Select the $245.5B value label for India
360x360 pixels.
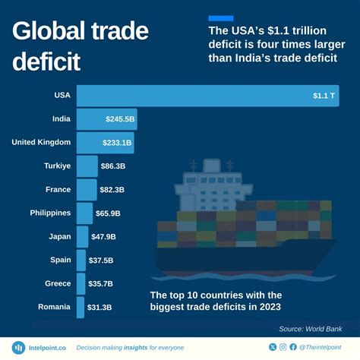[x=120, y=119]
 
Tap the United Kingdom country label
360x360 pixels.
[x=41, y=142]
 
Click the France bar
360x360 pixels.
[x=87, y=189]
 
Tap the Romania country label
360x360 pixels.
[x=54, y=307]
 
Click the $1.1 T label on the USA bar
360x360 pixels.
[x=324, y=96]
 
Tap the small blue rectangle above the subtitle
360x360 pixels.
[x=220, y=17]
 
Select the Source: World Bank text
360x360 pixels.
[x=311, y=328]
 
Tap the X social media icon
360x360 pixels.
[x=273, y=347]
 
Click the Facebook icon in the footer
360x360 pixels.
[x=293, y=347]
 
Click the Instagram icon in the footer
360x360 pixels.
[x=283, y=347]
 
